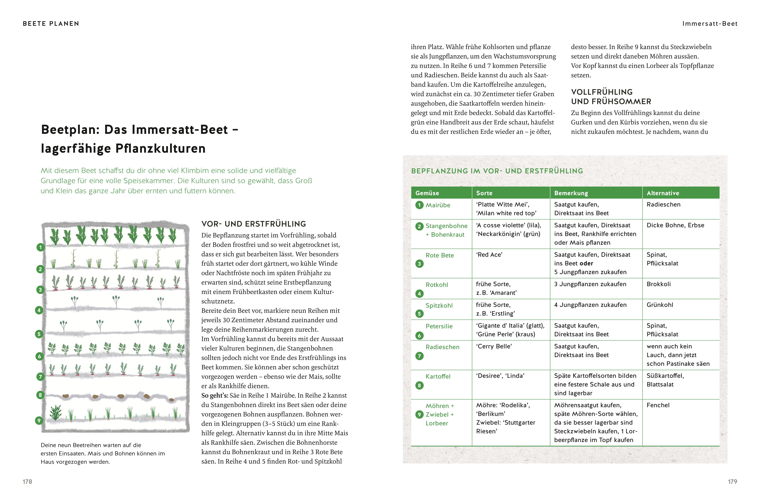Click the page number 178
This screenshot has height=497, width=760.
(x=27, y=481)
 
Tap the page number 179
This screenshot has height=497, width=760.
(x=732, y=481)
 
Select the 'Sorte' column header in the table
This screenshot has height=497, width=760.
(x=484, y=193)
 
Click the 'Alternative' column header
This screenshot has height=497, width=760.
(x=663, y=193)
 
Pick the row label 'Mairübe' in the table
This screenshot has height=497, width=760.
(x=438, y=205)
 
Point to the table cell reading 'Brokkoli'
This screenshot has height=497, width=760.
(x=658, y=284)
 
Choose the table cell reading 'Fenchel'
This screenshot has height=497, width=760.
(x=658, y=405)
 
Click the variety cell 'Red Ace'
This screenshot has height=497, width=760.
(x=489, y=254)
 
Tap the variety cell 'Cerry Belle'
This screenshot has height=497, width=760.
(x=494, y=346)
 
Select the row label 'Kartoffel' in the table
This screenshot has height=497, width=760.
(x=438, y=376)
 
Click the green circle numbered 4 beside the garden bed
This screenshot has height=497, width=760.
(x=39, y=310)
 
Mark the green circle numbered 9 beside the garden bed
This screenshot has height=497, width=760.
(x=39, y=420)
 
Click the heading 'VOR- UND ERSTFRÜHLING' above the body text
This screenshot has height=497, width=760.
(x=254, y=224)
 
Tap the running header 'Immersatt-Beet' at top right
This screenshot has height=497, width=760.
(x=710, y=24)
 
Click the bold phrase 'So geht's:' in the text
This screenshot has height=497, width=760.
(x=215, y=395)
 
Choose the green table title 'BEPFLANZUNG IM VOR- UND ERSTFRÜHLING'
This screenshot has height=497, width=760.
(x=497, y=171)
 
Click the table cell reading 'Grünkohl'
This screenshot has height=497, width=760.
(x=659, y=304)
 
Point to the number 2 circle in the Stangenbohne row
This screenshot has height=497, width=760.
(x=419, y=226)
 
